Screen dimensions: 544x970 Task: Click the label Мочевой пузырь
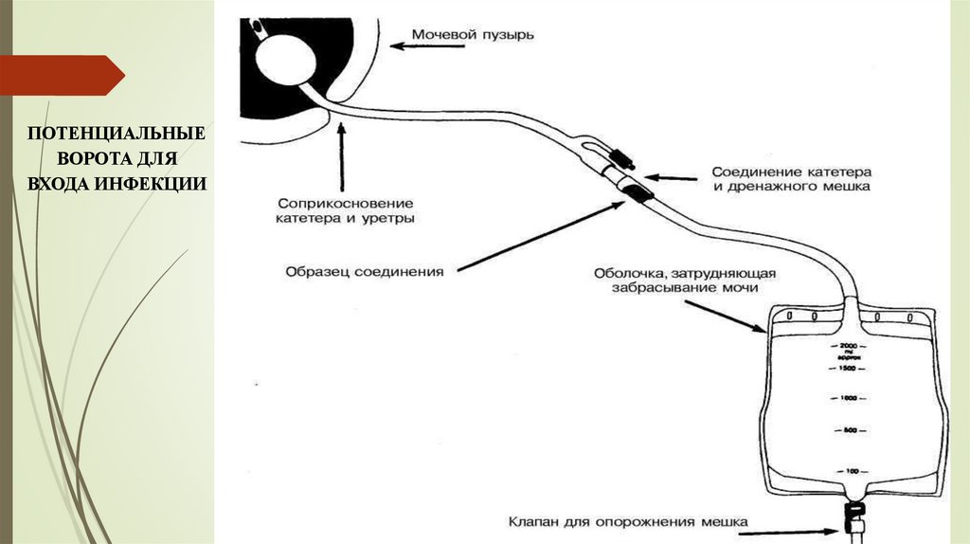[474, 36]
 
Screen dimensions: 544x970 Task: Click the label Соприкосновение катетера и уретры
[347, 210]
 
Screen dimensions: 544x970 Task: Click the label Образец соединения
[365, 272]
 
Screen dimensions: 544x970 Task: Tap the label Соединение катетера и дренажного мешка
[792, 180]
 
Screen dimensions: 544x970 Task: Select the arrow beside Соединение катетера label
[674, 175]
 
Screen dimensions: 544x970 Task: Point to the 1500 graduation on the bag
[849, 367]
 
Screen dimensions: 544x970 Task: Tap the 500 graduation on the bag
[850, 431]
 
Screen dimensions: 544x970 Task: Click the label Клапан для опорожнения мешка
[628, 520]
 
